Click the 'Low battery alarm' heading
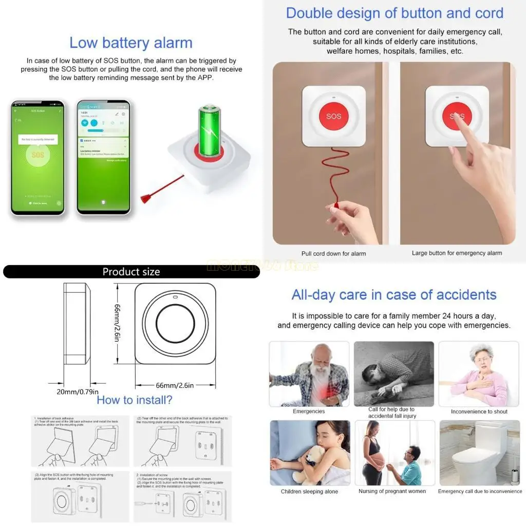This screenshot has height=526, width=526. tap(131, 43)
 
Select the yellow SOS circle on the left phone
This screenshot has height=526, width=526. tap(38, 155)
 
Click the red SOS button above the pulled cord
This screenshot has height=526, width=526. tap(333, 116)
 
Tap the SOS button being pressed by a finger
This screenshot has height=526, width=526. tap(456, 116)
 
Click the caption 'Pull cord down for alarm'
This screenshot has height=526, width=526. tap(333, 253)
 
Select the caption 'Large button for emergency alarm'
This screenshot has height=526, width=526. tap(457, 253)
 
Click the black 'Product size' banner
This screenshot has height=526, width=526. tap(131, 272)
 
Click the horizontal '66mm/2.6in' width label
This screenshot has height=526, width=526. tap(175, 385)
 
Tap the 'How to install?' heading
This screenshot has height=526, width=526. tap(135, 400)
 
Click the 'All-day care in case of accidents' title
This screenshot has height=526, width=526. tap(394, 295)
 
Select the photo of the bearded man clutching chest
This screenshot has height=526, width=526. tap(309, 373)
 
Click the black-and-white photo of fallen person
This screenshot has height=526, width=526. tap(393, 373)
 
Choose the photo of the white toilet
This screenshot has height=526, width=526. tap(479, 453)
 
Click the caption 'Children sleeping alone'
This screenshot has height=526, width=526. tap(309, 492)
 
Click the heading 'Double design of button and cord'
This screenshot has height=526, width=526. tap(394, 13)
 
